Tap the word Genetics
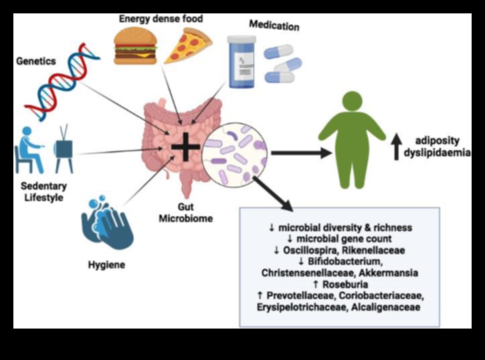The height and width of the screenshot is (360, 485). pyautogui.click(x=37, y=61)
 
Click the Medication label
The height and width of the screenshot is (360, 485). pyautogui.click(x=274, y=25)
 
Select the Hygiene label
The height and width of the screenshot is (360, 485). pyautogui.click(x=106, y=265)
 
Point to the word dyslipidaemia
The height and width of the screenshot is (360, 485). pyautogui.click(x=442, y=153)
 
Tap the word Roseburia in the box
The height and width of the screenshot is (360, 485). pyautogui.click(x=345, y=284)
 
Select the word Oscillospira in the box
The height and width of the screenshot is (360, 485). pyautogui.click(x=316, y=250)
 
